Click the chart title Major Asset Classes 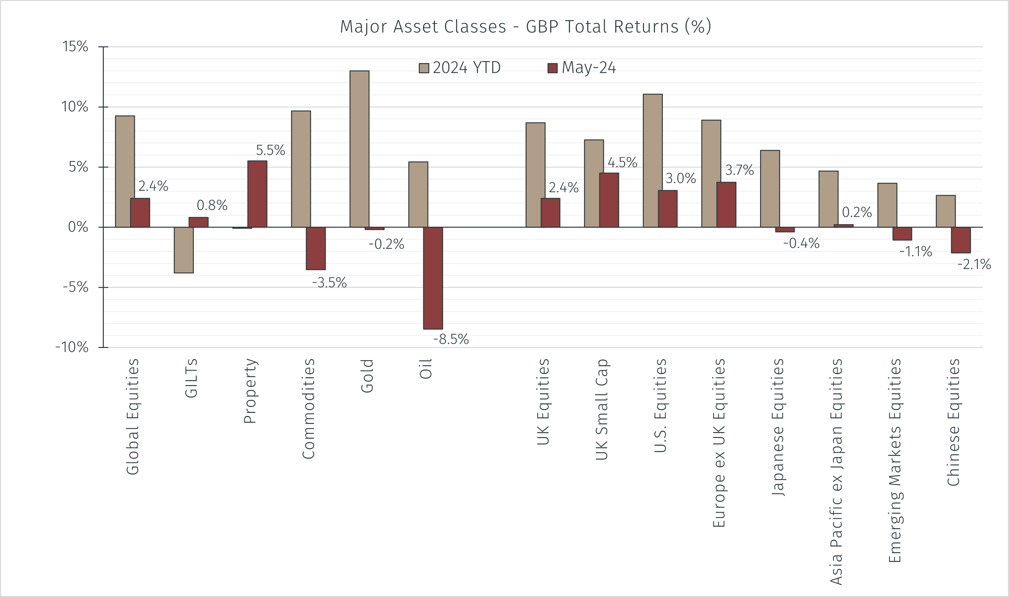point(525,27)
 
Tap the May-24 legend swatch point(552,68)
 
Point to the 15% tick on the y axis point(75,47)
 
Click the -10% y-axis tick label point(72,347)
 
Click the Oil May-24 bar point(433,278)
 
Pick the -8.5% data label point(451,339)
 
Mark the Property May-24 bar point(257,194)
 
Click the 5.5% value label point(270,150)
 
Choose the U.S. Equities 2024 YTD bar point(652,161)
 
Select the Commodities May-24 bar point(316,248)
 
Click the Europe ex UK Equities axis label point(719,443)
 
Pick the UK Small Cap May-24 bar point(609,200)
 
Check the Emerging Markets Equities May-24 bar point(902,234)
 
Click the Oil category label point(425,369)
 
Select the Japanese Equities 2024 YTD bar point(770,189)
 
